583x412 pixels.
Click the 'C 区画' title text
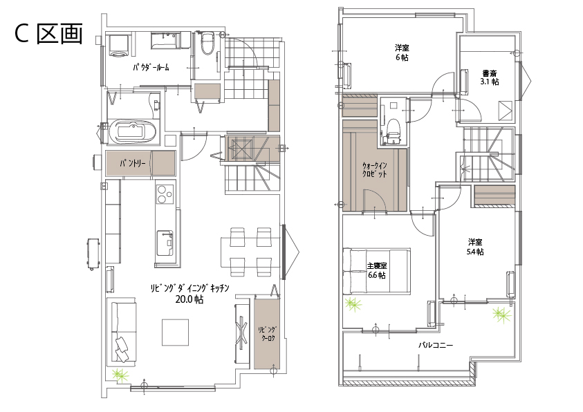click(48, 34)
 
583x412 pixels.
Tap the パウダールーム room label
click(151, 67)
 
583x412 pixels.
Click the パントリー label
click(132, 163)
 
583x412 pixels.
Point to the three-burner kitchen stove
click(165, 194)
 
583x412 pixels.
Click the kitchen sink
click(165, 243)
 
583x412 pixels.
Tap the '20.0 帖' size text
click(189, 299)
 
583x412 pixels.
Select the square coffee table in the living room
click(175, 332)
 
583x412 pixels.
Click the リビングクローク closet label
click(268, 334)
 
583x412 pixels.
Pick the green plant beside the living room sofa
click(120, 375)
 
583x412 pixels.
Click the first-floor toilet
click(207, 44)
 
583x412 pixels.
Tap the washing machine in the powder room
click(119, 46)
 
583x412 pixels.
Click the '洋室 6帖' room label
click(402, 53)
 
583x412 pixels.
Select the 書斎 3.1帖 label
click(490, 77)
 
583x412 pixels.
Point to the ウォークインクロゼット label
click(374, 170)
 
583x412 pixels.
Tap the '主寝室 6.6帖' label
click(376, 270)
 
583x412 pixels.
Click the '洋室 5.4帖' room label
click(475, 247)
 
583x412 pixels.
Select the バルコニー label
click(436, 345)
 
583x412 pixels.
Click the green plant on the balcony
click(501, 315)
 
